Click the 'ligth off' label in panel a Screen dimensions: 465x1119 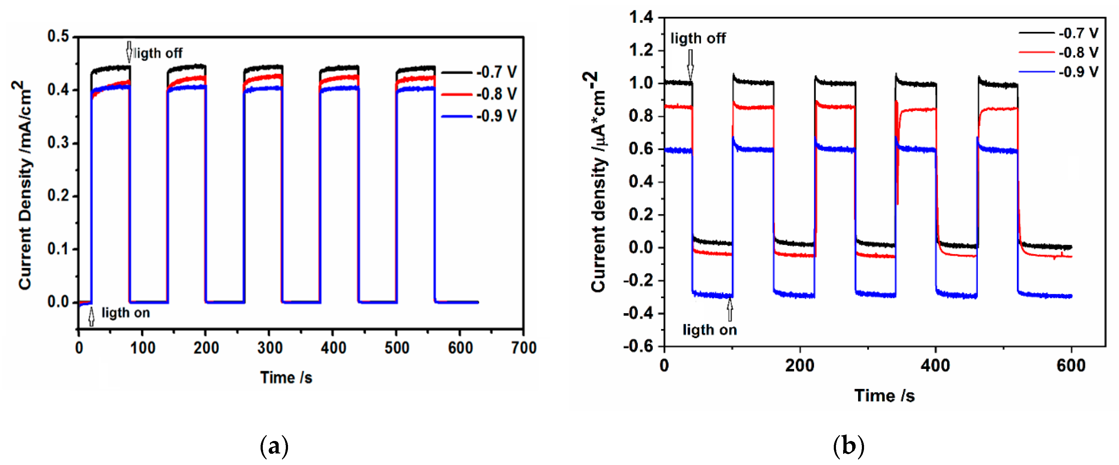(159, 53)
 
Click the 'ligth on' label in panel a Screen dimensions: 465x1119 (126, 312)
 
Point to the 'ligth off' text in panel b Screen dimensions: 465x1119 (698, 38)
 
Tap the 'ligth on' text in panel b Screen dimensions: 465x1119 (709, 330)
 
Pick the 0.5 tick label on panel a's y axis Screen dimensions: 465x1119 (59, 36)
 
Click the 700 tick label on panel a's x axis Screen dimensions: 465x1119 (523, 348)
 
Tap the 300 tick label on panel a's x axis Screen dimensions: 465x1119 (269, 348)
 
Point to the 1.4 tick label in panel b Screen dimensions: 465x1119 (641, 17)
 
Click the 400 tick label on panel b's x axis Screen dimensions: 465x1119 (935, 366)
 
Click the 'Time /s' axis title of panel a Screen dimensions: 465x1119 (286, 377)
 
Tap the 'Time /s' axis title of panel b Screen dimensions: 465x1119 (884, 395)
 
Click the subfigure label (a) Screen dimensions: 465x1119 (274, 446)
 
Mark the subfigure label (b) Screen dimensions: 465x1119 (848, 446)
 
